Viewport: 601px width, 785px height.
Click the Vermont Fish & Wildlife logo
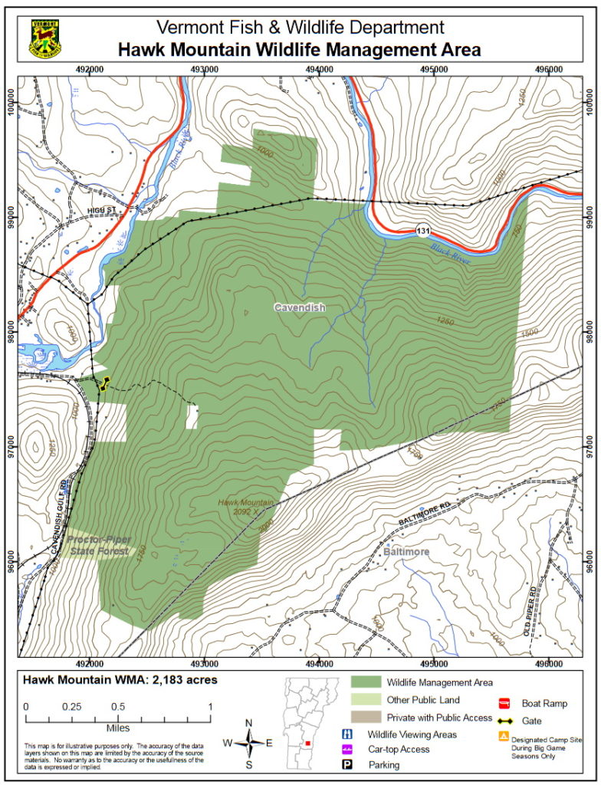click(x=46, y=38)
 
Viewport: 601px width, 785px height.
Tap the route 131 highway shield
click(x=422, y=232)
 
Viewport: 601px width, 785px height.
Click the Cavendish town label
click(x=300, y=307)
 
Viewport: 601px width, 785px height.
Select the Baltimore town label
click(x=405, y=552)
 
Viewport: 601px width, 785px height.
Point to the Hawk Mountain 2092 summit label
click(x=246, y=507)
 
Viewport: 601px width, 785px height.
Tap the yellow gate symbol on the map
click(x=103, y=383)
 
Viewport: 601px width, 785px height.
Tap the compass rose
click(x=248, y=742)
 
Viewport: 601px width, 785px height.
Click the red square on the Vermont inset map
click(x=307, y=743)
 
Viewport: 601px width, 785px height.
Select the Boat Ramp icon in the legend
click(x=504, y=703)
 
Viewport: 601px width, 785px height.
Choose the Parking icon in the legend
click(x=347, y=764)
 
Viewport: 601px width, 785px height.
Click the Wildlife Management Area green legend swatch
click(x=366, y=682)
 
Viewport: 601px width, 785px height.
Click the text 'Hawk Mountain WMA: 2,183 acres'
click(x=120, y=679)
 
